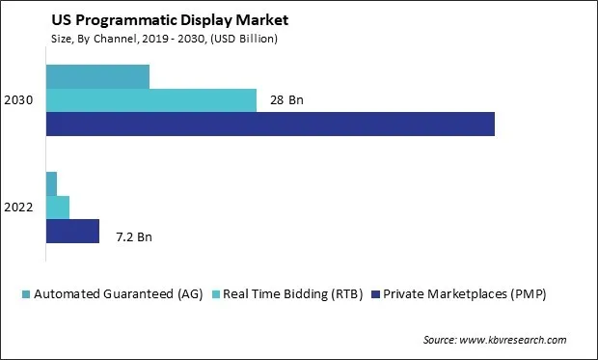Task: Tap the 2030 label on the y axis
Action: point(19,100)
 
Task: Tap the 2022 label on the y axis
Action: point(19,208)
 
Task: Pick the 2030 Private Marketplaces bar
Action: point(270,124)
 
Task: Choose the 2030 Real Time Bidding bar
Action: point(151,100)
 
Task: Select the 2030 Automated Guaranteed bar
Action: point(97,76)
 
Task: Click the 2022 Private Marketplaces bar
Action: point(72,231)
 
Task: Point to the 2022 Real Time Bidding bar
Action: point(58,207)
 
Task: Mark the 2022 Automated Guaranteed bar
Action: point(51,183)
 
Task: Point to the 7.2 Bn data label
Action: point(134,236)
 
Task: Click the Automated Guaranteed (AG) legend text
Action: point(118,293)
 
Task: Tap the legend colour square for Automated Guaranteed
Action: point(26,293)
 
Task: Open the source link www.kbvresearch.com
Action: point(515,340)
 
